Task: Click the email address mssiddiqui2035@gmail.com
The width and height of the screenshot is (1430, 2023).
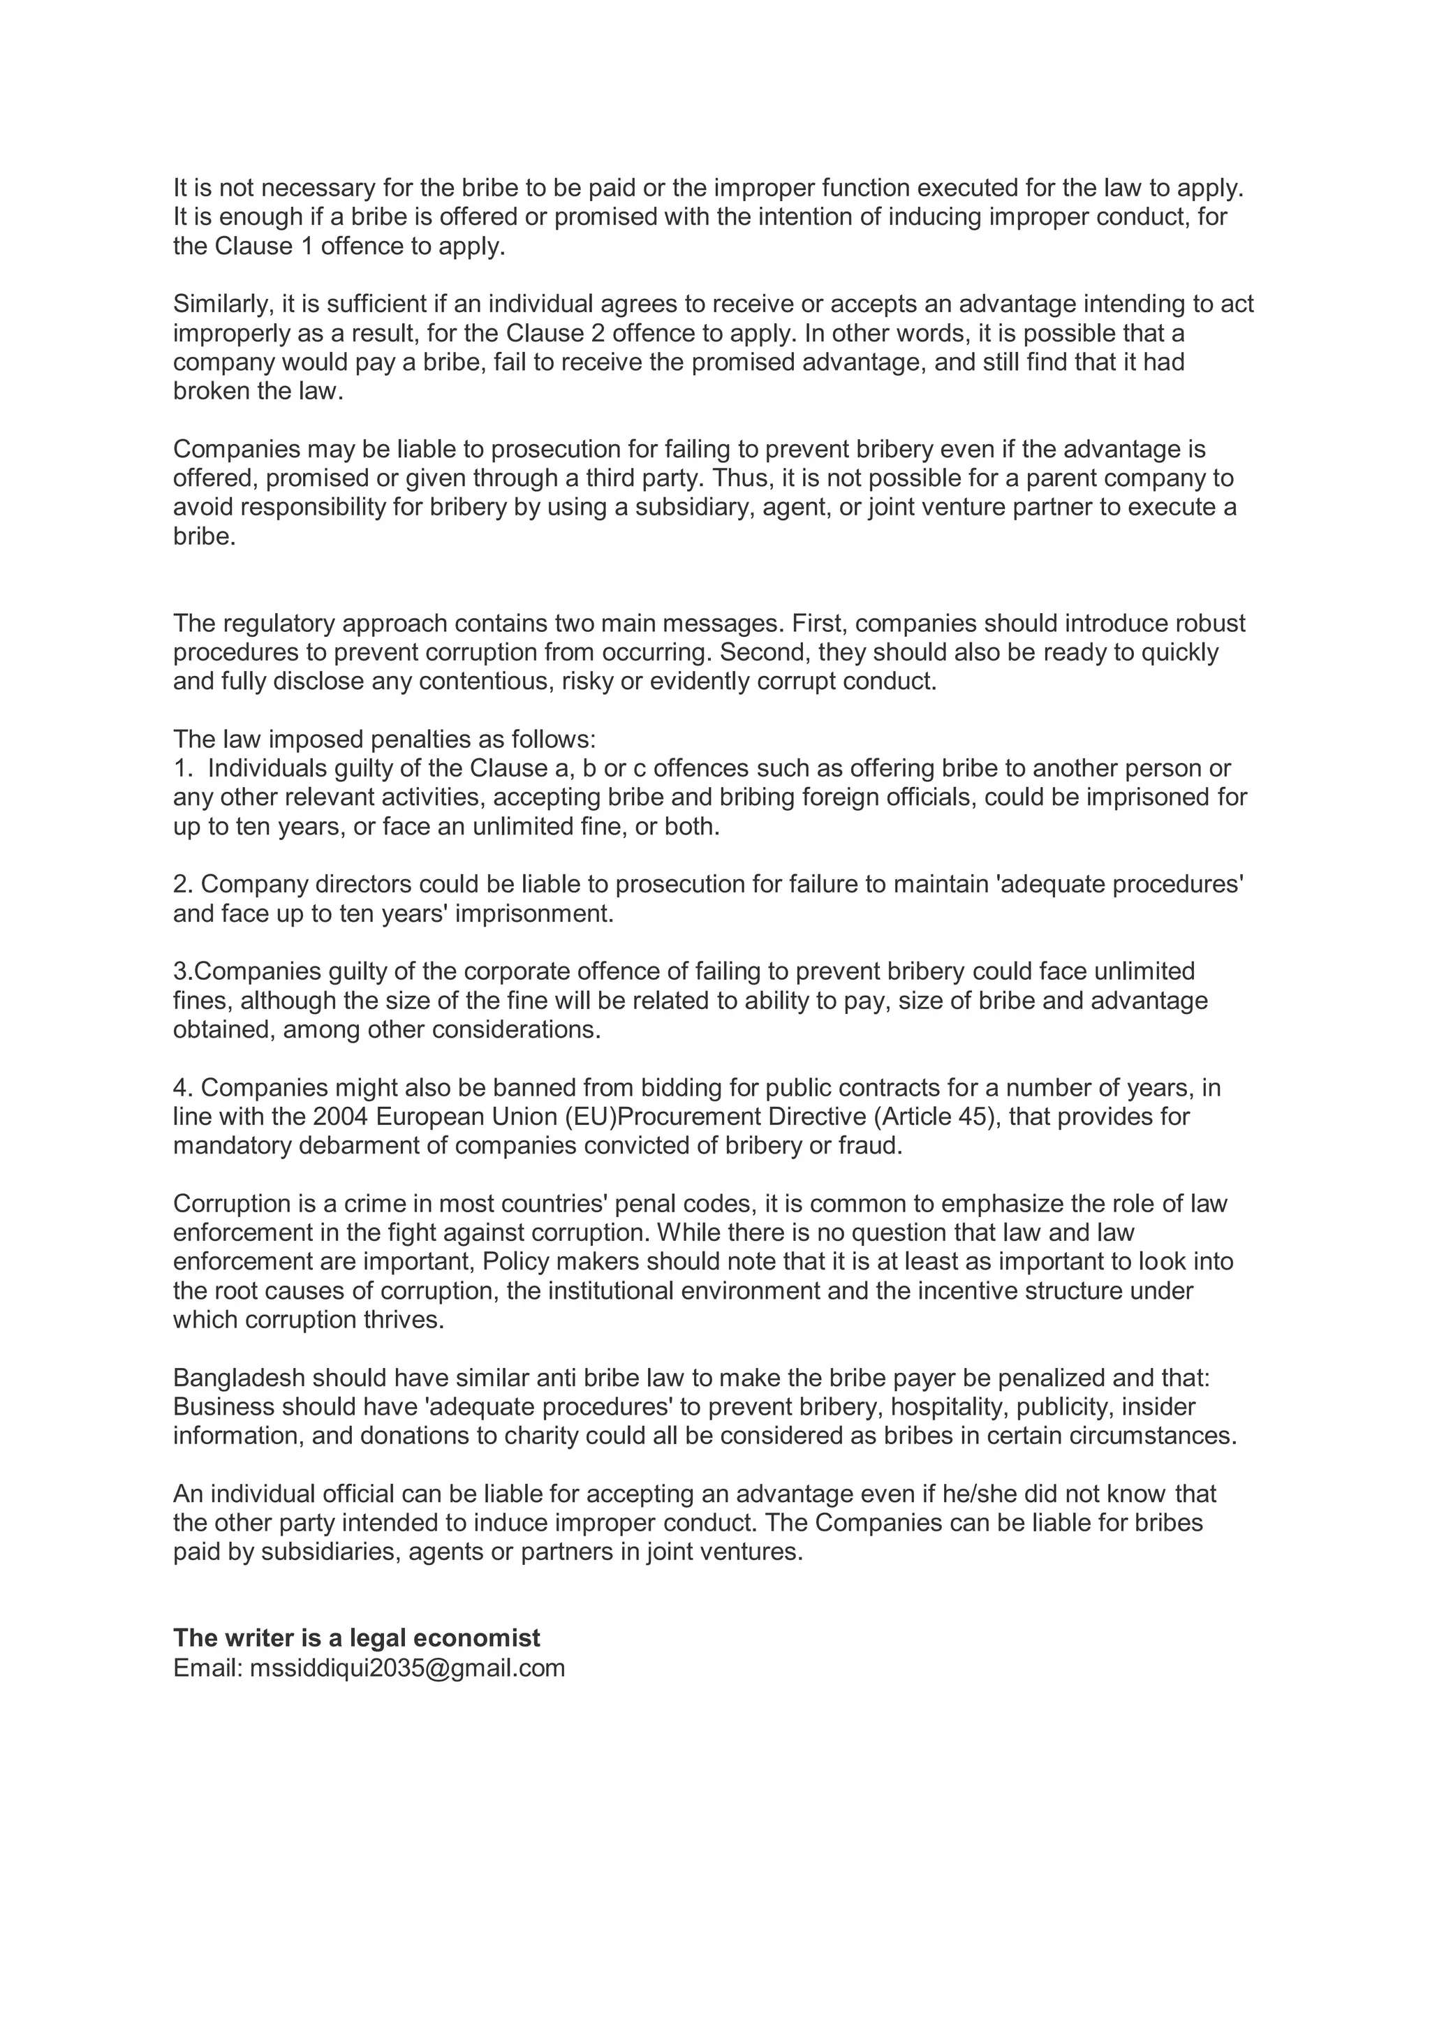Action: [407, 1668]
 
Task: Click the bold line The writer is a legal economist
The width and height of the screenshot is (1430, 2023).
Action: [356, 1638]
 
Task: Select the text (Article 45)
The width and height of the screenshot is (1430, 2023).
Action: [936, 1117]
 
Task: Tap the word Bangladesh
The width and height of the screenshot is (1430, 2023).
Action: [239, 1377]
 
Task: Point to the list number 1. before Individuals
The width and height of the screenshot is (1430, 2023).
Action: [182, 767]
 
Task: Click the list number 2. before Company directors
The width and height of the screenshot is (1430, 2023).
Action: [182, 884]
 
